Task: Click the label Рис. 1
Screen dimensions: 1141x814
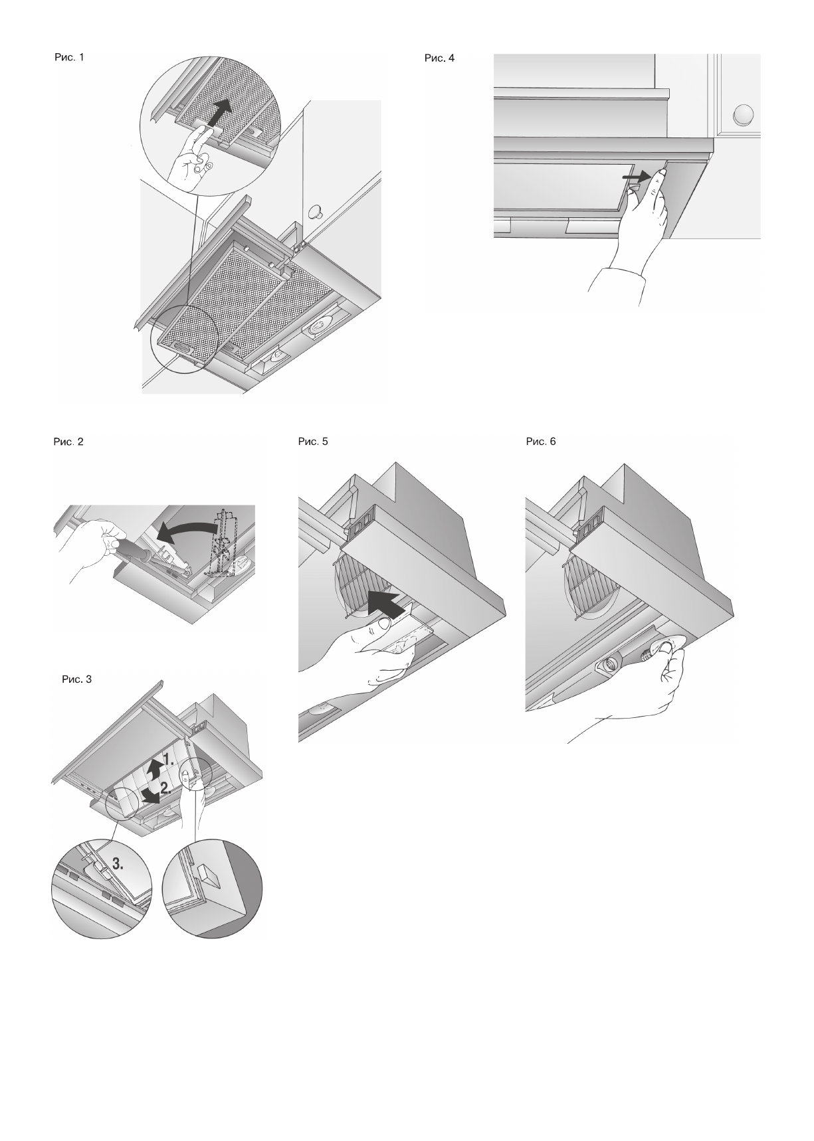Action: point(69,57)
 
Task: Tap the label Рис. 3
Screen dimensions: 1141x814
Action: point(76,679)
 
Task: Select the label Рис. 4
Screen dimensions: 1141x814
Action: point(439,58)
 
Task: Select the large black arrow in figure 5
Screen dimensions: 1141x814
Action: point(387,603)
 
